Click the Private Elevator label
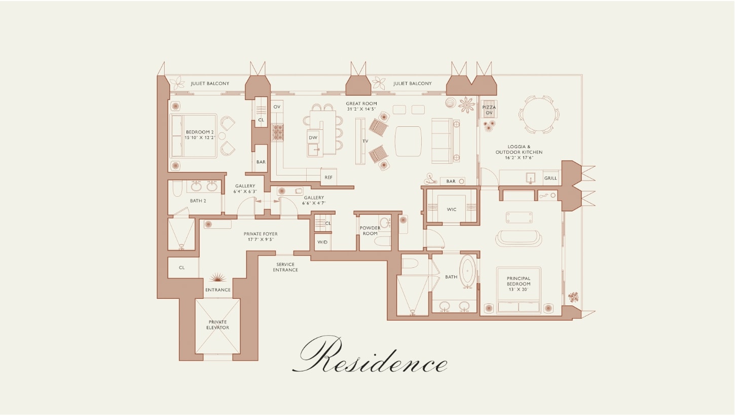tap(217, 325)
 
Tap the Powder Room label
tap(370, 231)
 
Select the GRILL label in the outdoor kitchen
tap(550, 178)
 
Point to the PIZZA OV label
tap(489, 110)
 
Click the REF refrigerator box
tap(328, 178)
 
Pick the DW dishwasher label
tap(313, 137)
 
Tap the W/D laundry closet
tap(322, 242)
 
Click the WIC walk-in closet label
tap(452, 209)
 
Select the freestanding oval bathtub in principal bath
tap(468, 271)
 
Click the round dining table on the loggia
tap(539, 115)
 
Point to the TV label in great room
tap(365, 142)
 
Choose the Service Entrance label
tap(285, 267)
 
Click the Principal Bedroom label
tap(519, 281)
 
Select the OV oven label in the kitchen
tap(277, 107)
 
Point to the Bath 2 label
tap(198, 201)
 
